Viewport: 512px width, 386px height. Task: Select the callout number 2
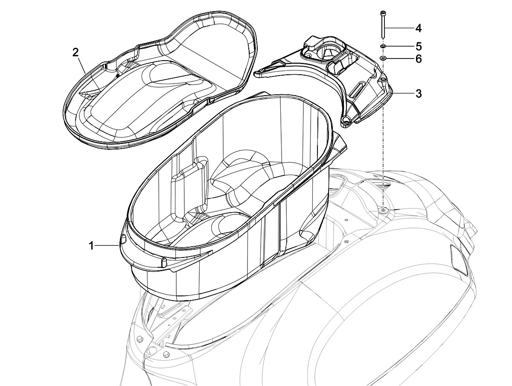(x=76, y=53)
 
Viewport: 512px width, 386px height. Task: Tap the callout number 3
(x=419, y=94)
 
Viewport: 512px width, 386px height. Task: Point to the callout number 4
(x=419, y=28)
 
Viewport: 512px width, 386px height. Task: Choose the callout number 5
(x=419, y=45)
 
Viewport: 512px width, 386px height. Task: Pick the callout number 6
(x=419, y=59)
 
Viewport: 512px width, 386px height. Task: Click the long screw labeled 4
(x=383, y=28)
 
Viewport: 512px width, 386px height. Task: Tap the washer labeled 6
(x=383, y=58)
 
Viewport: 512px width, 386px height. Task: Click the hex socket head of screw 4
(x=383, y=12)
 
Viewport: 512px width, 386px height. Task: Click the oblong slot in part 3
(x=357, y=90)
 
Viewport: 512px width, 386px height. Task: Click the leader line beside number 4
(x=399, y=28)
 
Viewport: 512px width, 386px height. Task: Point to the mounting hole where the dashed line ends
(x=383, y=209)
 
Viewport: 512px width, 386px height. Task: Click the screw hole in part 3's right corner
(x=383, y=79)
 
